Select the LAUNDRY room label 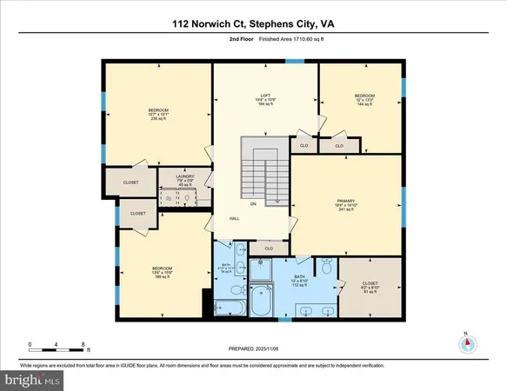point(183,179)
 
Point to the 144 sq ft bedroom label point(364,99)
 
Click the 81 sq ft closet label point(370,286)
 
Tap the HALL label point(234,218)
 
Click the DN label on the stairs point(253,204)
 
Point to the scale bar point(57,350)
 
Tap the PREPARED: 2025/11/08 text point(253,348)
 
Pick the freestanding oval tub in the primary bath point(261,306)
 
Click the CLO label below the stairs point(270,249)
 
